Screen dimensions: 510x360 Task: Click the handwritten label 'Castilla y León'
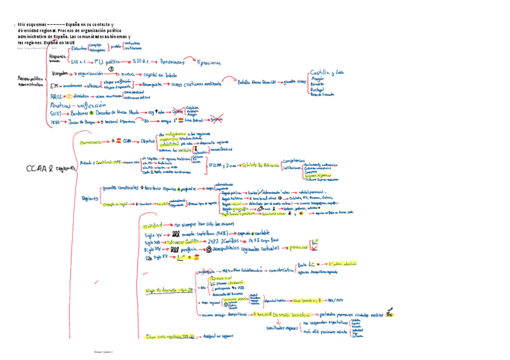pos(327,72)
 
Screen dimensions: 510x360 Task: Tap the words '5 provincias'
pos(209,63)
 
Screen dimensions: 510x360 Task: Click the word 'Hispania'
pos(58,55)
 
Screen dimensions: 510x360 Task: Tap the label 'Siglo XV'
pos(153,233)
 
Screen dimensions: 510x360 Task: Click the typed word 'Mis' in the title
pos(22,23)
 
